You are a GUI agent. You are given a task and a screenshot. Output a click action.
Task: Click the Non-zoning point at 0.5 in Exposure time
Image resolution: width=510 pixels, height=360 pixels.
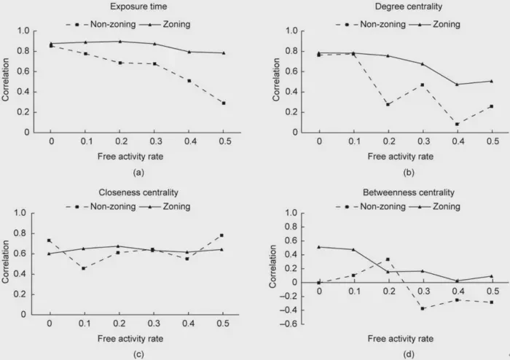pyautogui.click(x=224, y=103)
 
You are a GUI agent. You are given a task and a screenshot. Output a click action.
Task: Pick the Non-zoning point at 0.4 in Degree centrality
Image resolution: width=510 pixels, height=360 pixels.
pyautogui.click(x=457, y=124)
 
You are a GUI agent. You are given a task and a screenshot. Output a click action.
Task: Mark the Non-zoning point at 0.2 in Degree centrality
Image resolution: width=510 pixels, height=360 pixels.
pyautogui.click(x=388, y=104)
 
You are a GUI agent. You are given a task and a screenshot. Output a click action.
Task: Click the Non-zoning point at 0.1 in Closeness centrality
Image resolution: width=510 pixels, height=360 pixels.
pyautogui.click(x=84, y=268)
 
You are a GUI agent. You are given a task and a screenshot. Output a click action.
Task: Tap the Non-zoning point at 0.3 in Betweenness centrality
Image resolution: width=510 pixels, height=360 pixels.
pyautogui.click(x=423, y=308)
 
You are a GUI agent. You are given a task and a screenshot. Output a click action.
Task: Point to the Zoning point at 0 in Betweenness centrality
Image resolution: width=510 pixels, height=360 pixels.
pyautogui.click(x=319, y=246)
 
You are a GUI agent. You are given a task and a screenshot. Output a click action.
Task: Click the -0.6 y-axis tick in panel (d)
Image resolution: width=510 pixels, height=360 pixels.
pyautogui.click(x=295, y=324)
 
